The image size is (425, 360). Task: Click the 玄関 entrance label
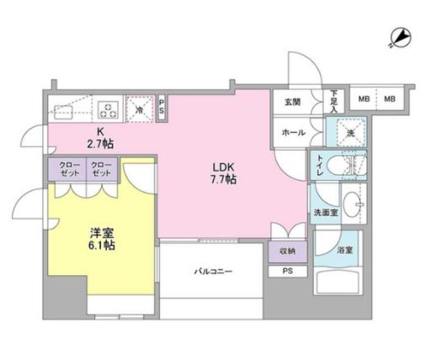point(292,103)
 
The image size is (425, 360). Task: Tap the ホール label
point(292,132)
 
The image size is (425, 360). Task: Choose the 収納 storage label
point(287,250)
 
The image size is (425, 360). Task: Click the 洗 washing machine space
point(347,132)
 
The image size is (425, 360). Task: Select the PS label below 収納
point(287,271)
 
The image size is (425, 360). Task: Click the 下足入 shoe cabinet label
point(334,101)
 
